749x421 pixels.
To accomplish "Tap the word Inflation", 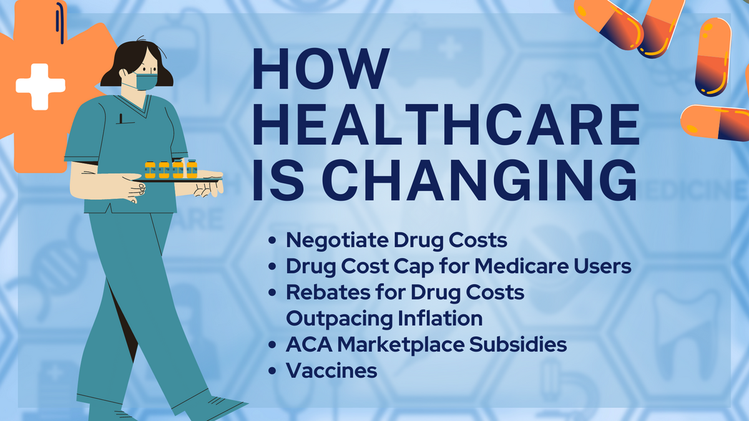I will [440, 318].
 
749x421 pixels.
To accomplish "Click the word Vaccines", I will [331, 370].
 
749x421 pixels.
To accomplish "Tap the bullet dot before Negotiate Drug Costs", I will [272, 241].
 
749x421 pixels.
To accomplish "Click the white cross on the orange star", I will [40, 85].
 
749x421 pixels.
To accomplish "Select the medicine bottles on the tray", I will [171, 168].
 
